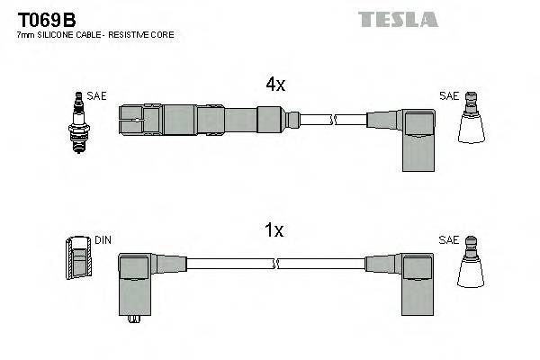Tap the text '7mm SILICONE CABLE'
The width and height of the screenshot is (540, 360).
coord(60,35)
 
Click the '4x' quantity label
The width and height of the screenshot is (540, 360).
coord(274,85)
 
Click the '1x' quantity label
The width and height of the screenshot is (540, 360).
coord(274,230)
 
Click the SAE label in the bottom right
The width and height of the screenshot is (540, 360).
coord(448,240)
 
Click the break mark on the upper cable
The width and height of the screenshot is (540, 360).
coord(332,119)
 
